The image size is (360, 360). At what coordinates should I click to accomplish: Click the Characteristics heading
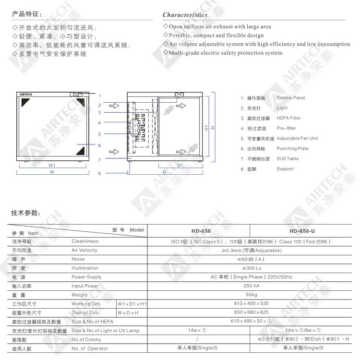(185, 15)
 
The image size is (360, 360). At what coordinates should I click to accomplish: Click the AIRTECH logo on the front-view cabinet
(25, 95)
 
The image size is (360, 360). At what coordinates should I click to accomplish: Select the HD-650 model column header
(201, 231)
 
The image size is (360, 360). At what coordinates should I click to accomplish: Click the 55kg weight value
(251, 295)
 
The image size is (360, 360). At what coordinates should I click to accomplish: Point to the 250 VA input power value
(251, 286)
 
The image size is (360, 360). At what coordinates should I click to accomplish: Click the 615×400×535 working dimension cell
(251, 304)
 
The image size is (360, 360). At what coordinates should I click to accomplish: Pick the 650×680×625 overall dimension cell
(251, 312)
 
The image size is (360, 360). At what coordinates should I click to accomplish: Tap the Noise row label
(78, 259)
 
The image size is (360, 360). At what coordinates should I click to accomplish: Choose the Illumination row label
(84, 268)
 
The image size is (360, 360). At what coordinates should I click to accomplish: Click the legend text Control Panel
(290, 98)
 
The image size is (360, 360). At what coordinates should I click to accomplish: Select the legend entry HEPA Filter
(288, 118)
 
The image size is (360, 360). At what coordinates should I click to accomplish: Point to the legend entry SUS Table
(288, 159)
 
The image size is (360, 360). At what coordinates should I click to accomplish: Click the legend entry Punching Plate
(292, 149)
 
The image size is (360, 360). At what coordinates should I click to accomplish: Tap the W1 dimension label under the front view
(52, 165)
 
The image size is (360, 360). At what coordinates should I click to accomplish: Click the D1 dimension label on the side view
(180, 165)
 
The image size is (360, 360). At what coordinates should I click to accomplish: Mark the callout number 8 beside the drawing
(99, 174)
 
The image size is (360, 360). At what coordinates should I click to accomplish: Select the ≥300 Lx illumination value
(251, 268)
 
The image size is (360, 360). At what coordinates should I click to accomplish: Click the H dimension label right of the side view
(212, 127)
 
